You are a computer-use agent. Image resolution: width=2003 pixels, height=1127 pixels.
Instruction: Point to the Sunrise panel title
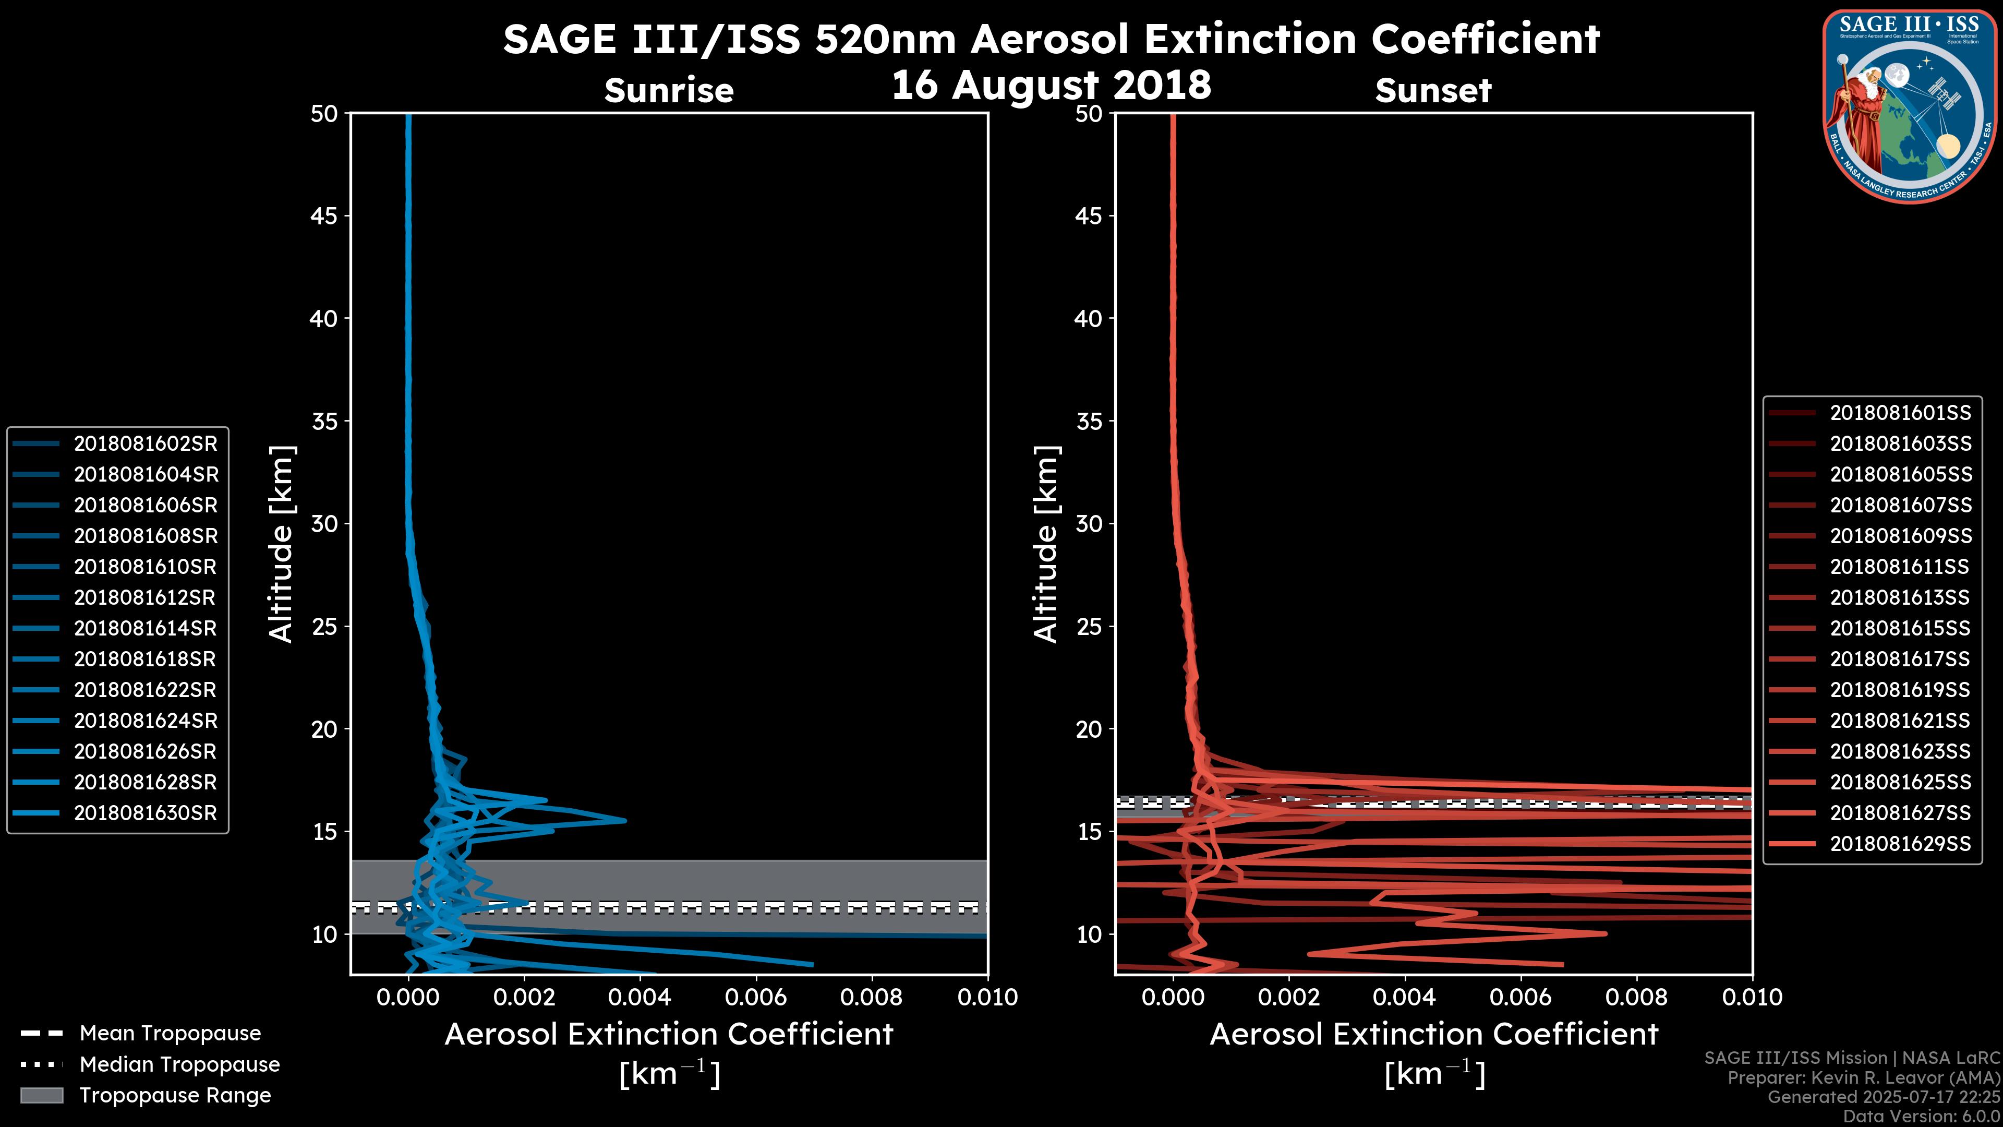(669, 90)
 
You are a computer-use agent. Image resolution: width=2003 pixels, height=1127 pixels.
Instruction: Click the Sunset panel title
(1433, 90)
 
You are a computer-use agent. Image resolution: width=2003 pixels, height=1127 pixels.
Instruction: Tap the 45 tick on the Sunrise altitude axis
(324, 216)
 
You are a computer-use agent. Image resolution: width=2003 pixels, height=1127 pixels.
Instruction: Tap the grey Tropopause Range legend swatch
(41, 1096)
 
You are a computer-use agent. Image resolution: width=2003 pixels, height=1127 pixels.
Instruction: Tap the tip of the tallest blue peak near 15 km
(624, 821)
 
